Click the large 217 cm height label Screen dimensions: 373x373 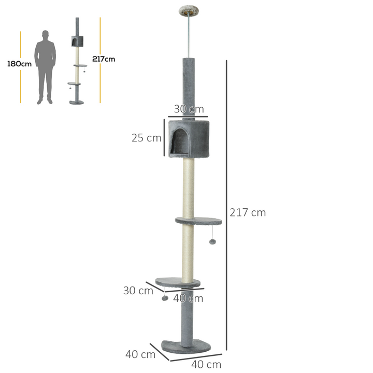247,212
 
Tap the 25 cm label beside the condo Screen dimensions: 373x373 147,138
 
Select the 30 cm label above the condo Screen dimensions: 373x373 189,109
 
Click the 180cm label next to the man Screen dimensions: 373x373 19,64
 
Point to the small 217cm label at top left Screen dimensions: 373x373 104,59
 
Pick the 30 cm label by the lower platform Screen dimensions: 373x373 138,291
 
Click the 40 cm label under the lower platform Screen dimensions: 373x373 188,298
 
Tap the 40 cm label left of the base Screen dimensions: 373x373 140,354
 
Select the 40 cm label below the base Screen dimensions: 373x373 206,364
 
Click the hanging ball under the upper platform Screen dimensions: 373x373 212,242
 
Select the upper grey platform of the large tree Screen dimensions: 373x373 199,221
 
